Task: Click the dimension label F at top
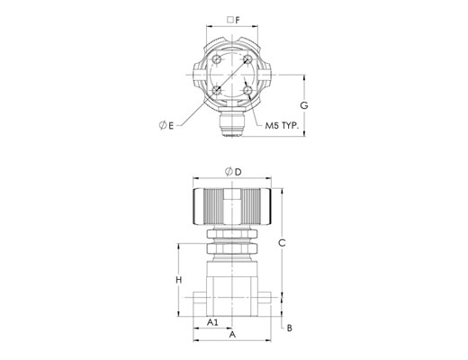coord(238,20)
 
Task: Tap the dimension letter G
coord(304,105)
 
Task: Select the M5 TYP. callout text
coord(282,125)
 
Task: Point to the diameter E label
coord(166,125)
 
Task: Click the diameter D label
coord(233,172)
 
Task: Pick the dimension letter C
coord(282,243)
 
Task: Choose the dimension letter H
coord(179,280)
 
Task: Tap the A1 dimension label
coord(212,322)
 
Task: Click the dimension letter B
coord(290,328)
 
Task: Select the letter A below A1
coord(232,334)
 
